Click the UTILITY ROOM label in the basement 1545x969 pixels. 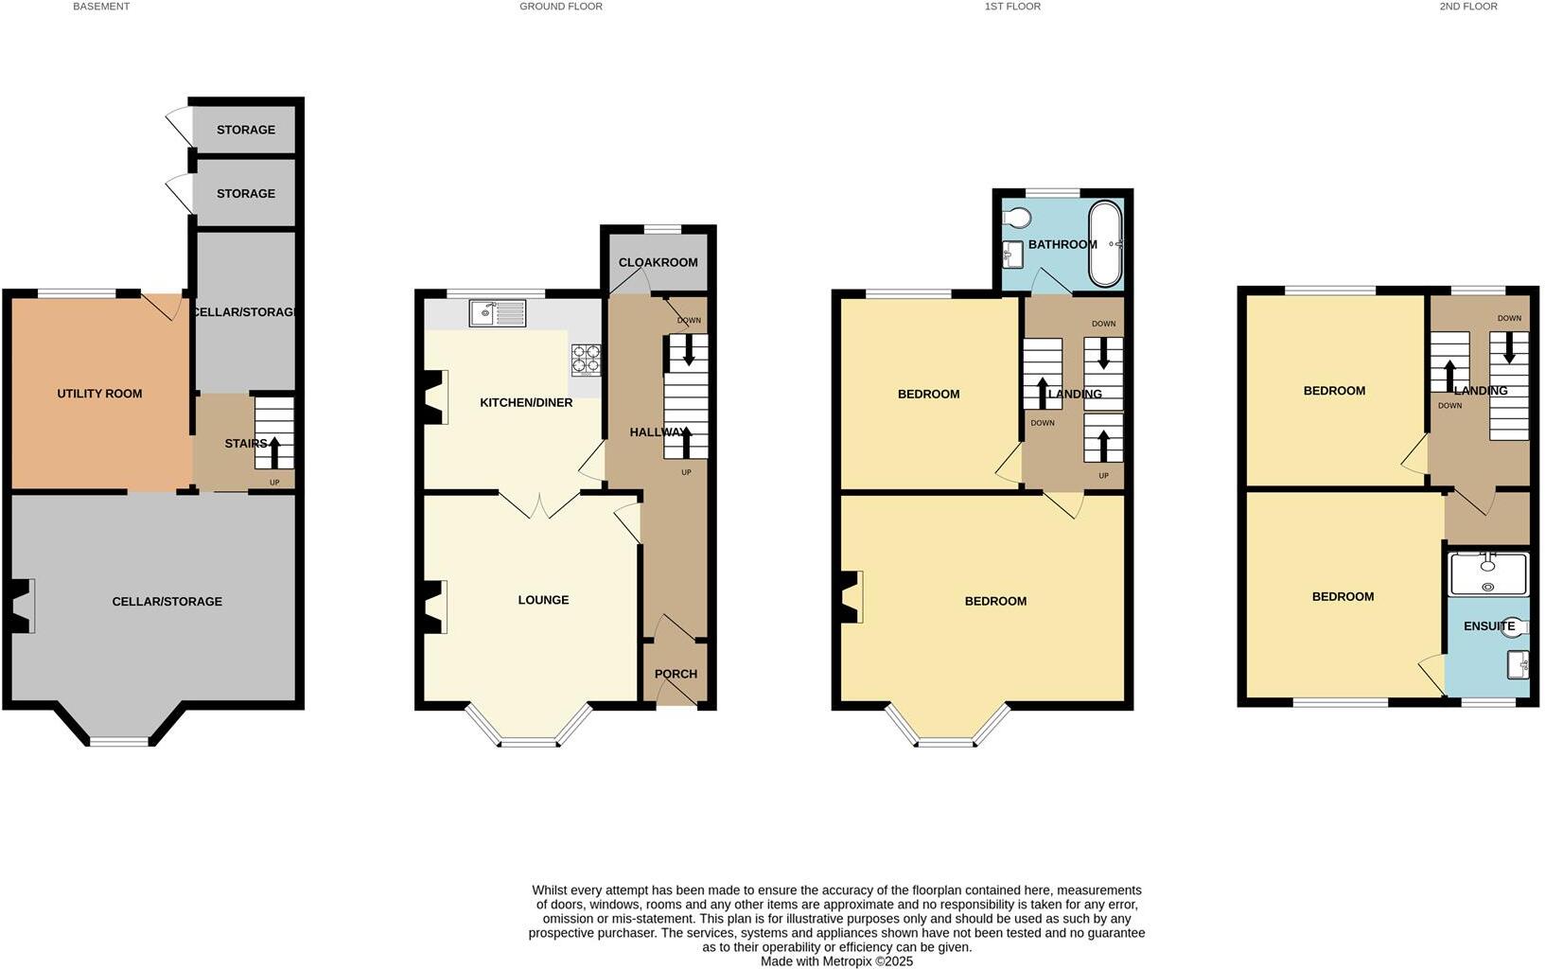coord(99,394)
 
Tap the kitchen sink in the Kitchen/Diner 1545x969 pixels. coord(498,313)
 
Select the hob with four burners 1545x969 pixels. coord(586,361)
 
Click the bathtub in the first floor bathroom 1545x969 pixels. coord(1104,244)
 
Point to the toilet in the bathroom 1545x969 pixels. coord(1016,218)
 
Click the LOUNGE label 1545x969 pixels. coord(543,600)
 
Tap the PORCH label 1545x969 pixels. coord(676,674)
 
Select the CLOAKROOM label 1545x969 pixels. coord(658,262)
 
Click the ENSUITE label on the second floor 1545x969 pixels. coord(1489,625)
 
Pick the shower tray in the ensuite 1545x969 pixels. coord(1488,574)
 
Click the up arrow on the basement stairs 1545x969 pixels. coord(274,452)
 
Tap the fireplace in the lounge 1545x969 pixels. coord(435,607)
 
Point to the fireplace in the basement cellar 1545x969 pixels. coord(22,607)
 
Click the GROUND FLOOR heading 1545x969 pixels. coord(560,7)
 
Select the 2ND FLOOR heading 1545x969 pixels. coord(1467,7)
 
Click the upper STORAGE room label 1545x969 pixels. coord(245,130)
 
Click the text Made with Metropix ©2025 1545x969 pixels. coord(836,960)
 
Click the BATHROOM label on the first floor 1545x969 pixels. coord(1062,244)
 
